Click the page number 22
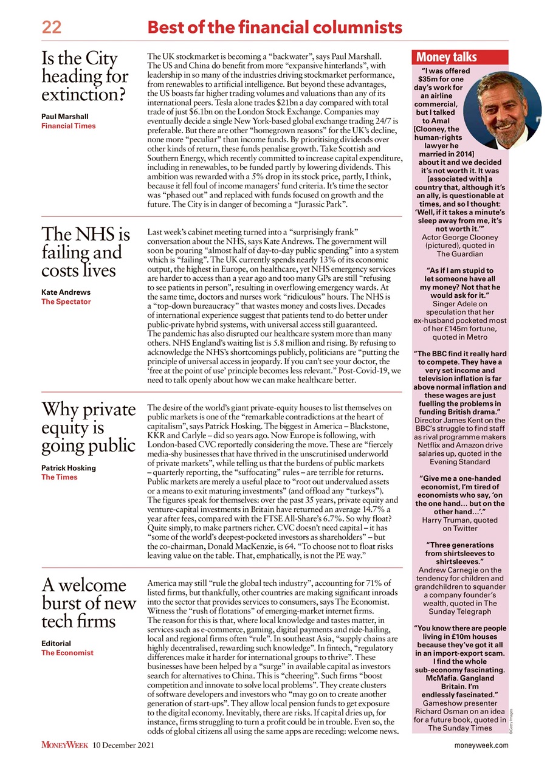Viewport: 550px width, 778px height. pyautogui.click(x=51, y=27)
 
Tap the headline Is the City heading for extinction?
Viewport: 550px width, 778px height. pyautogui.click(x=85, y=77)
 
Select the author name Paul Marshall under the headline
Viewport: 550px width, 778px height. pyautogui.click(x=65, y=116)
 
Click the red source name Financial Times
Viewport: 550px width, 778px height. pyautogui.click(x=68, y=126)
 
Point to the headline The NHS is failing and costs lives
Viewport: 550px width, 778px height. pyautogui.click(x=86, y=253)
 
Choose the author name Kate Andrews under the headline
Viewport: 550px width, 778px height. pyautogui.click(x=66, y=292)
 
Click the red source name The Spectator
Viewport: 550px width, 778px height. pyautogui.click(x=66, y=301)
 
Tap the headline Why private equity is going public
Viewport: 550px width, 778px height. pyautogui.click(x=89, y=429)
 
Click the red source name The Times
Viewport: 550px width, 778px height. pyautogui.click(x=60, y=477)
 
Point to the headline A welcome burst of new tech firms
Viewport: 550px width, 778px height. pyautogui.click(x=89, y=604)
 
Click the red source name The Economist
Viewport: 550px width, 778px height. pyautogui.click(x=67, y=653)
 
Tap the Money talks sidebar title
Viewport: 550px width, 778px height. pyautogui.click(x=446, y=58)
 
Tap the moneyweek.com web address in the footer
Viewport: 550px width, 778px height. pyautogui.click(x=481, y=746)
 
